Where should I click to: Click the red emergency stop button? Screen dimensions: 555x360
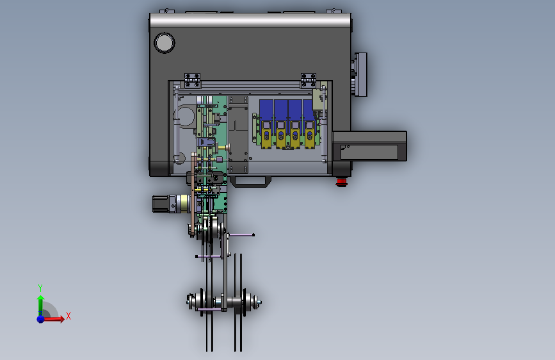point(341,183)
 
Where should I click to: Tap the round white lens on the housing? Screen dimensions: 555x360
point(165,43)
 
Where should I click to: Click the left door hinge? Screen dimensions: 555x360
point(192,81)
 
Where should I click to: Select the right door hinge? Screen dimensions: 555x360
point(309,81)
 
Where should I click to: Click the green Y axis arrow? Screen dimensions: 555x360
point(40,304)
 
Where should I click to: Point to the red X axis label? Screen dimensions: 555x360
point(68,316)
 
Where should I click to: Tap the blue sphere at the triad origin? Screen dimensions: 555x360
point(41,319)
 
